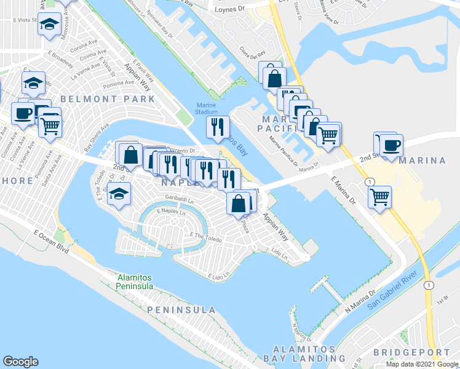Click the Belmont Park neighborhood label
tap(106, 98)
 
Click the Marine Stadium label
tap(207, 108)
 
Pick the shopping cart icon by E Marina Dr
tap(380, 197)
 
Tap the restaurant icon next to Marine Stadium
tap(217, 127)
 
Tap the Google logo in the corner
tap(20, 362)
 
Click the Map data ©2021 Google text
tap(421, 364)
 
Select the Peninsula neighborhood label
tap(182, 309)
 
